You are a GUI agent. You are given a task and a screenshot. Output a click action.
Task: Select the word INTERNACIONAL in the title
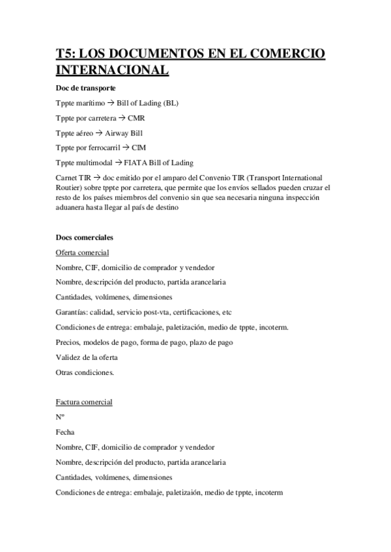click(x=112, y=70)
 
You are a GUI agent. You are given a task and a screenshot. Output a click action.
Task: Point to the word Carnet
click(x=68, y=178)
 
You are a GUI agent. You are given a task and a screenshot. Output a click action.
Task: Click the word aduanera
click(x=72, y=208)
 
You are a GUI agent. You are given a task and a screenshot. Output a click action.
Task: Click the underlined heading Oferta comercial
click(x=83, y=253)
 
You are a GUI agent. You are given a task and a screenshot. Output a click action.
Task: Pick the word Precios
click(x=68, y=342)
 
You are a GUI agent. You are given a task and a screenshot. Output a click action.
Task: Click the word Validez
click(x=69, y=357)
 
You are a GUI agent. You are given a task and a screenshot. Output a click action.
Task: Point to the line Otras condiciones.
click(x=85, y=372)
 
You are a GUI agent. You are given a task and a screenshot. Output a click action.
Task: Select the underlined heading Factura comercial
click(x=85, y=402)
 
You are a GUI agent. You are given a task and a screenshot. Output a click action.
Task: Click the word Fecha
click(x=66, y=432)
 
